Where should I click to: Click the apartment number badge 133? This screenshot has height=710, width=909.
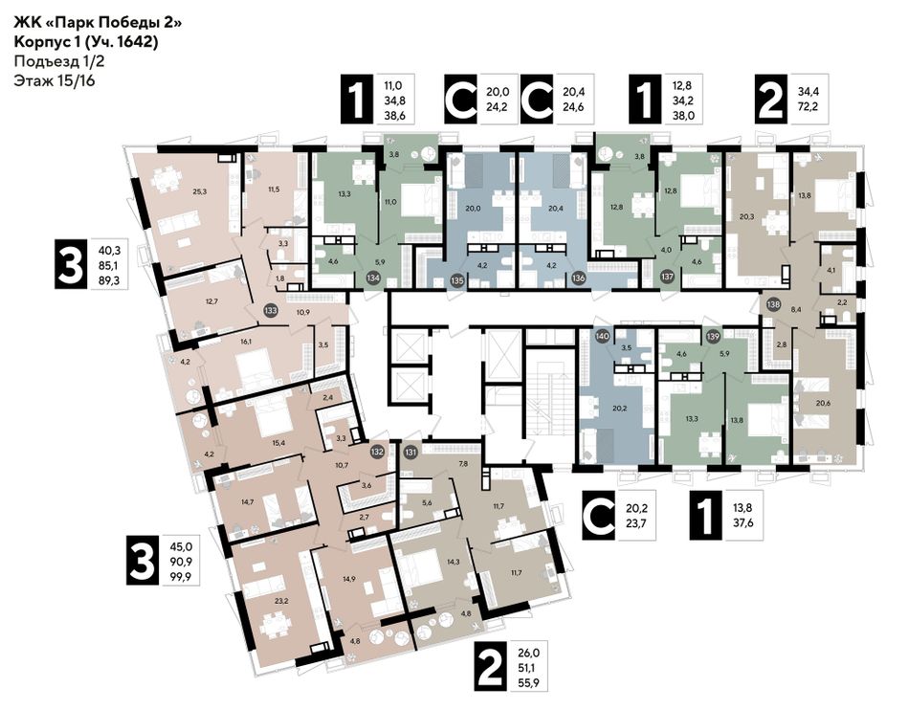click(270, 310)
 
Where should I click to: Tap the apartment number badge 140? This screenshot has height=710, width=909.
click(602, 335)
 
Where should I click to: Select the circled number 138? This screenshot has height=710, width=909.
click(773, 303)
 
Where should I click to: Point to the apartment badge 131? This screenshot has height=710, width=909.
click(411, 452)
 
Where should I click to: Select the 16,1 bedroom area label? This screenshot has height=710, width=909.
click(245, 342)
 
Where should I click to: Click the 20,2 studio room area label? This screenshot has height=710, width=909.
click(617, 407)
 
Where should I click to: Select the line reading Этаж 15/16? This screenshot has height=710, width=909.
click(55, 80)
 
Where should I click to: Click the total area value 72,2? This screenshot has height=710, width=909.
click(808, 106)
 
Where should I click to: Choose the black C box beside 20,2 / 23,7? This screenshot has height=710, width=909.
click(599, 515)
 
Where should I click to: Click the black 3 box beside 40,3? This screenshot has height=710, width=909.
click(72, 264)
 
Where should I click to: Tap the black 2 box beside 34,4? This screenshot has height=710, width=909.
click(770, 100)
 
